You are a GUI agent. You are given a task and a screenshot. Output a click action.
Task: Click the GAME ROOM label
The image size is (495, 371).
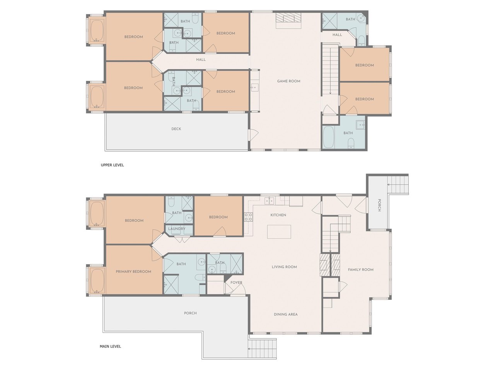(288, 81)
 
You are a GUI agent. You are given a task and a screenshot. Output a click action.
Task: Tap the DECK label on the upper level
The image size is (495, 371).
(176, 129)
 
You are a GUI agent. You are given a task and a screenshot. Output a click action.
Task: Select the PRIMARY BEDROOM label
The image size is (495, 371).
(133, 271)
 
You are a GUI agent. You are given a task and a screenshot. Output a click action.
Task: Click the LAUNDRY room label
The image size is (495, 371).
(177, 229)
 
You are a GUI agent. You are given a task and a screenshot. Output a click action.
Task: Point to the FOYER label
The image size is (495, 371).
(236, 282)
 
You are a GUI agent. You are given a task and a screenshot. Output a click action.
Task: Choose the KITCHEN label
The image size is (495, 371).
(278, 215)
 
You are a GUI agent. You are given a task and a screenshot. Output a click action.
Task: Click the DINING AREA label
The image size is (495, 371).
(286, 314)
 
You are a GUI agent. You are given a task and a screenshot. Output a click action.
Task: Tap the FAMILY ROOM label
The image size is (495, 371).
(360, 269)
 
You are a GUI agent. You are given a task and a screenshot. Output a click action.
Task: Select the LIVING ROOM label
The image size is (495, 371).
(284, 267)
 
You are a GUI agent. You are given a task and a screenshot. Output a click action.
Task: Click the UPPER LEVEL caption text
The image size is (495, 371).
(112, 165)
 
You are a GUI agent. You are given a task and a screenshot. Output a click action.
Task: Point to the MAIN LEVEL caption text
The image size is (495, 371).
(110, 346)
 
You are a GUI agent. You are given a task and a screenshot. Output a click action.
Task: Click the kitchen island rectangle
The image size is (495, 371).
(279, 231)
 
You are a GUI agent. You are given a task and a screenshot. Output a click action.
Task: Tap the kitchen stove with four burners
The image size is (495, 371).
(248, 217)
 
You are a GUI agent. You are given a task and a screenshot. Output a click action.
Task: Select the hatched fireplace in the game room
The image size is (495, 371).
(288, 17)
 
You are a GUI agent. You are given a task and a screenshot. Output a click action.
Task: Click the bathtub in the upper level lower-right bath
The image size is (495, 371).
(328, 137)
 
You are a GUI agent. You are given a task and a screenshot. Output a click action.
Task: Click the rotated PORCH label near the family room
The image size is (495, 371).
(379, 205)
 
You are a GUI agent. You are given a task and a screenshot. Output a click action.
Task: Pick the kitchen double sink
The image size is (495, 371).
(269, 200)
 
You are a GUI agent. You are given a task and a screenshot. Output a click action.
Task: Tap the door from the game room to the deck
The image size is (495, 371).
(253, 135)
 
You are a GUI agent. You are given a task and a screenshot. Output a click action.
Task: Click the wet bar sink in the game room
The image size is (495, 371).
(254, 87)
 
